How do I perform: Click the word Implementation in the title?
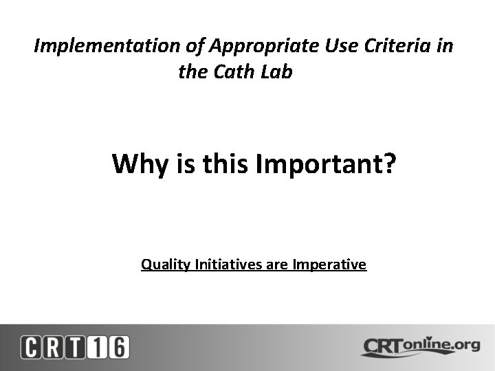point(107,47)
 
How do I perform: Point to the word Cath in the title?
point(236,71)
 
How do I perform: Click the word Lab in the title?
point(278,71)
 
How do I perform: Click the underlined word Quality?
point(166,264)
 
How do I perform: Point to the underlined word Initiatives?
point(228,264)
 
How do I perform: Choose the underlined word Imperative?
point(329,264)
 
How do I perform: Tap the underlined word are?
point(277,264)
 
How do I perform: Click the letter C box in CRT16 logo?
point(31,347)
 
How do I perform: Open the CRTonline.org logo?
point(420,346)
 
